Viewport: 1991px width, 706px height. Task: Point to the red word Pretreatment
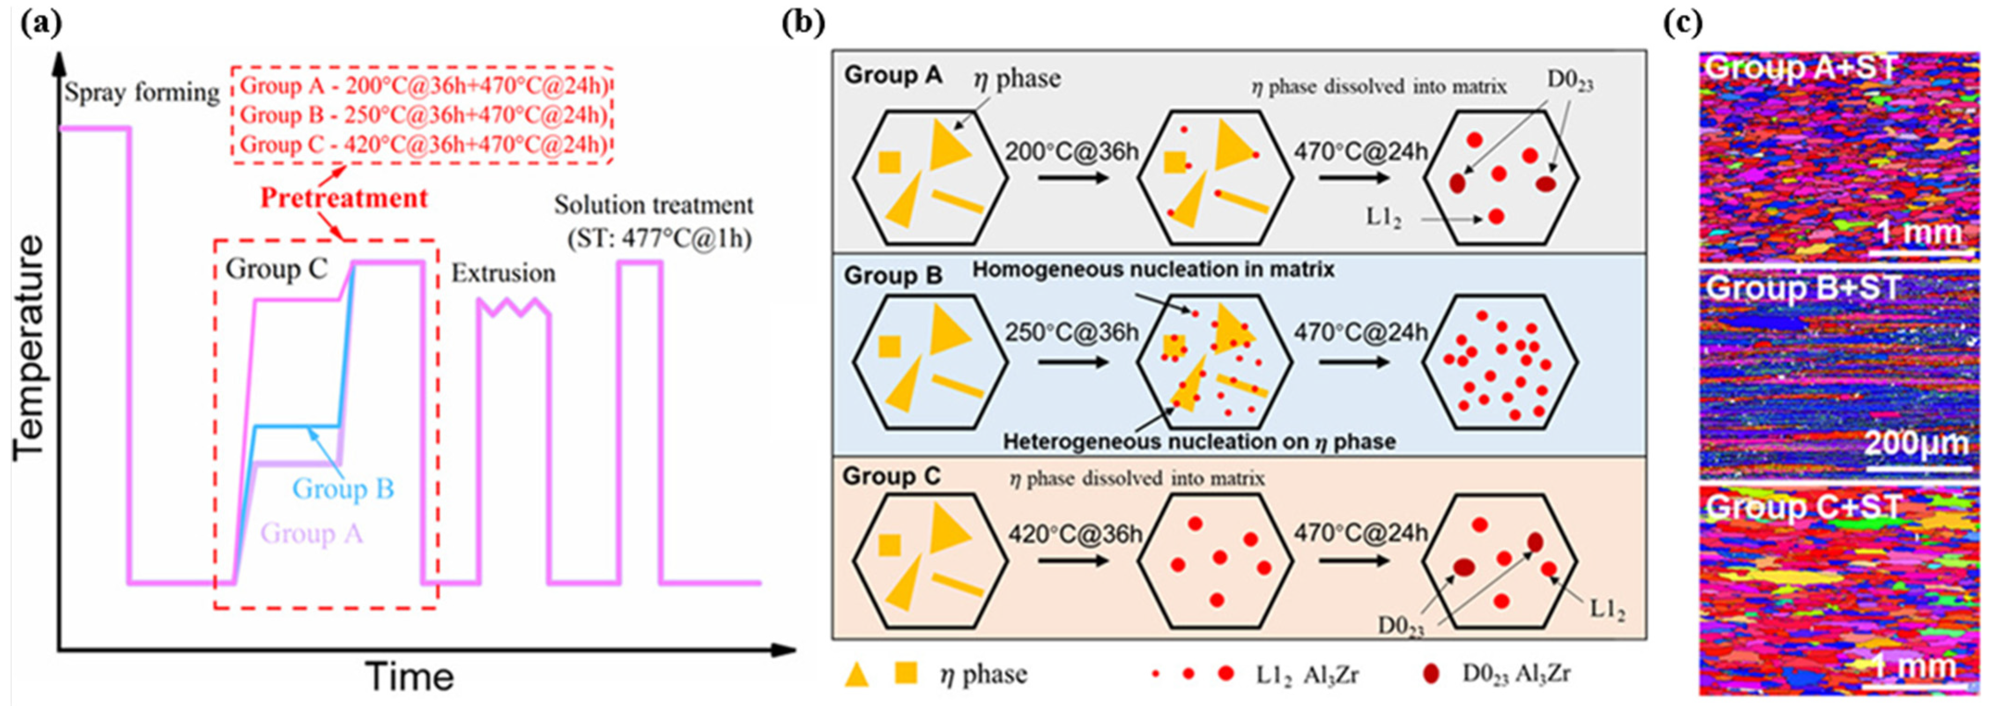[x=344, y=198]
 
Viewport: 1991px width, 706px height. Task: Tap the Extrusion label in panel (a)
[x=503, y=273]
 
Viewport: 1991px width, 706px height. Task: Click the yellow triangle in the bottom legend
[x=856, y=674]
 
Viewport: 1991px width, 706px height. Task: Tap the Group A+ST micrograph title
[x=1800, y=68]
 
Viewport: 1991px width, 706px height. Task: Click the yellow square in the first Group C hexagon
[x=890, y=545]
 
